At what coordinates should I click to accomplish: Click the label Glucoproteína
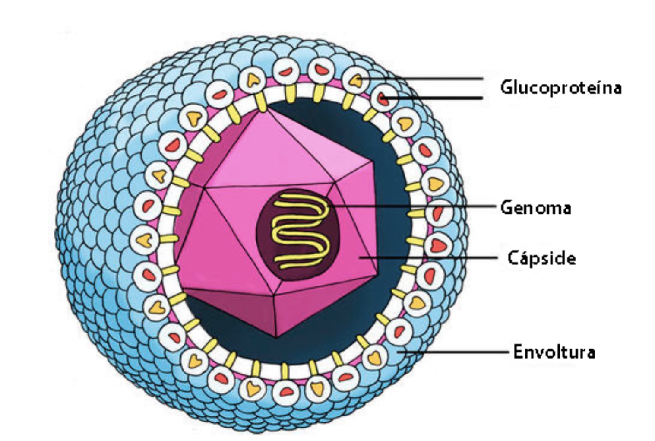pyautogui.click(x=560, y=88)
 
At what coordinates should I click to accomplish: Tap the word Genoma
pyautogui.click(x=535, y=208)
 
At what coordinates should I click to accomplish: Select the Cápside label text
pyautogui.click(x=541, y=258)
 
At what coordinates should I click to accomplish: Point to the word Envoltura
pyautogui.click(x=554, y=352)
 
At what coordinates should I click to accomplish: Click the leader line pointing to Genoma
pyautogui.click(x=415, y=206)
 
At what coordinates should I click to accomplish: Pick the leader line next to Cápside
pyautogui.click(x=432, y=258)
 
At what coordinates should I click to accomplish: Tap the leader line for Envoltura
pyautogui.click(x=458, y=352)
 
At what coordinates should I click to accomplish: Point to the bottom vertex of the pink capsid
pyautogui.click(x=276, y=336)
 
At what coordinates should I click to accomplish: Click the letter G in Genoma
pyautogui.click(x=506, y=208)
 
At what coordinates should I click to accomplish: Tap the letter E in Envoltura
pyautogui.click(x=518, y=352)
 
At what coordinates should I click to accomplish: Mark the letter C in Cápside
pyautogui.click(x=513, y=258)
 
